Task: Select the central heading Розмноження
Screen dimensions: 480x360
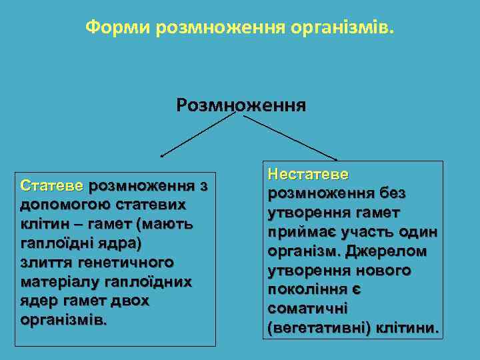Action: (x=241, y=105)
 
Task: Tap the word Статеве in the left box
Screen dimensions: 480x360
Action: (x=52, y=185)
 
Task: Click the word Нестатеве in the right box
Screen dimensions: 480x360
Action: (x=307, y=174)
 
